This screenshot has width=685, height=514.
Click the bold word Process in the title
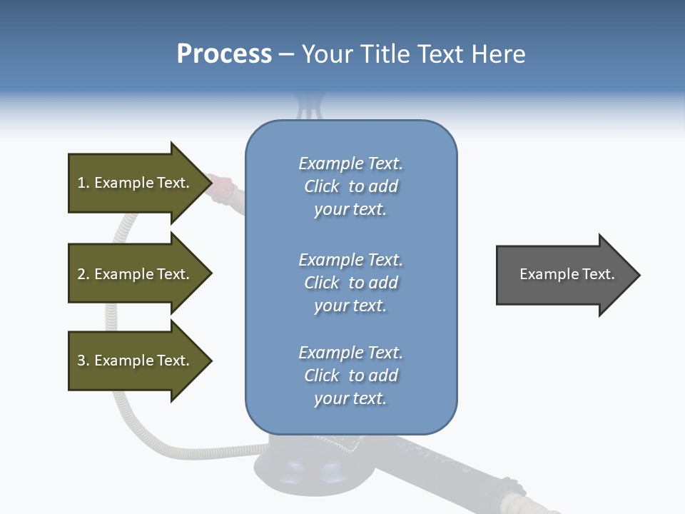pos(224,54)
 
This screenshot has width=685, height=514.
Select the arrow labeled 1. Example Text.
pos(136,183)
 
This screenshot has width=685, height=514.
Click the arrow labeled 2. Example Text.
pos(136,274)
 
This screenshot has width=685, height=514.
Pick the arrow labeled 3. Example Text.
pos(136,361)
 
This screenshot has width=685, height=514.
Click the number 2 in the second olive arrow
pos(81,274)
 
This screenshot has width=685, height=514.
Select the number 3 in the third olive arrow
pos(81,361)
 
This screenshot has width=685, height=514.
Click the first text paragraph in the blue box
pos(350,186)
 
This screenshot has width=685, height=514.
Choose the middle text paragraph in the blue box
pos(350,283)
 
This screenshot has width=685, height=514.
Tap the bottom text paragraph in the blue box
pos(350,376)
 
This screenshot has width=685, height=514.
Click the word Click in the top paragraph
pos(321,186)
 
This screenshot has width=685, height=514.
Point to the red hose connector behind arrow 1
pos(225,186)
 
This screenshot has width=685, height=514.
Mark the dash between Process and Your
pos(287,55)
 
